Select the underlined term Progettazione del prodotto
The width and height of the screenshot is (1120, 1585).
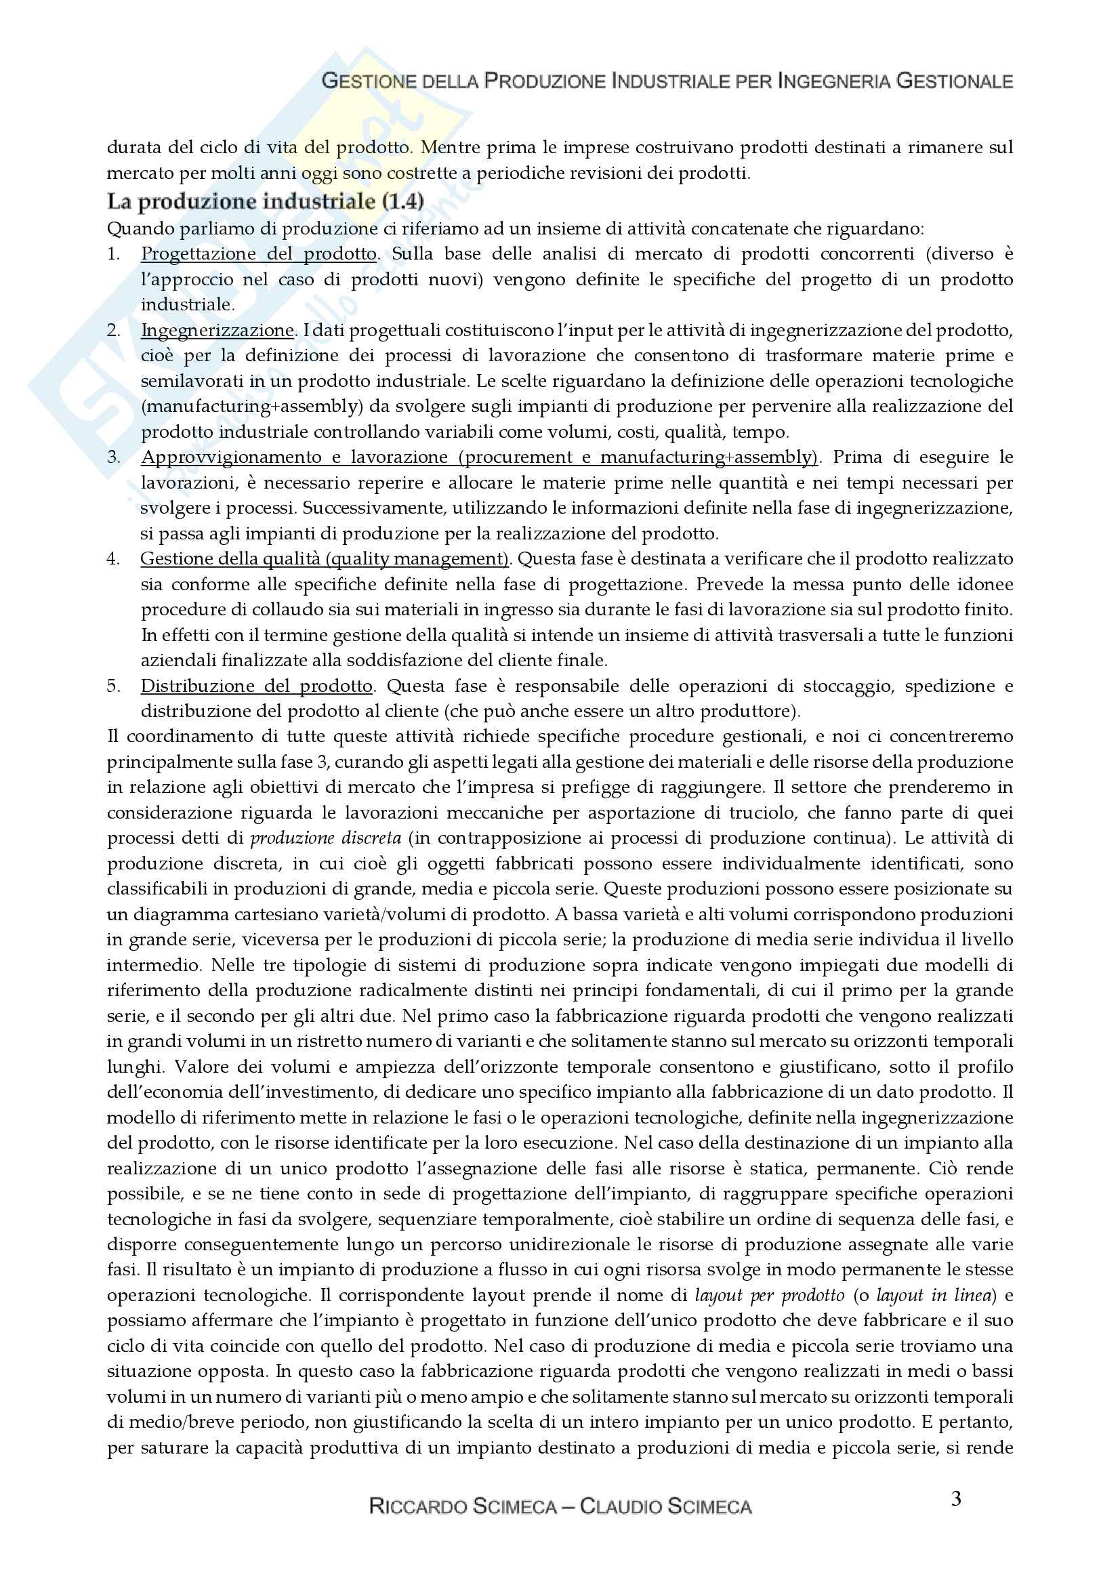[x=258, y=254]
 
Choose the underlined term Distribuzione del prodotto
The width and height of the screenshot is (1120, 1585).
[x=256, y=686]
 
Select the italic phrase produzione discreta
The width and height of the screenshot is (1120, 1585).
[x=325, y=838]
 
